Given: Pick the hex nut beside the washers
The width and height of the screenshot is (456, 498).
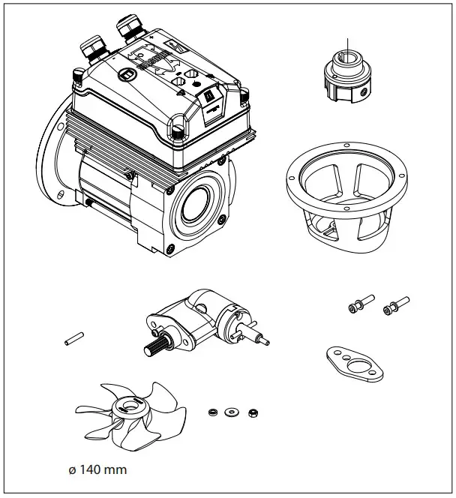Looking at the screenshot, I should point(253,412).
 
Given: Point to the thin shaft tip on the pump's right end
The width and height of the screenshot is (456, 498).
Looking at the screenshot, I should point(263,339).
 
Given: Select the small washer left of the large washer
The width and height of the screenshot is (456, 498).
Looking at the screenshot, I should point(214,410).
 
